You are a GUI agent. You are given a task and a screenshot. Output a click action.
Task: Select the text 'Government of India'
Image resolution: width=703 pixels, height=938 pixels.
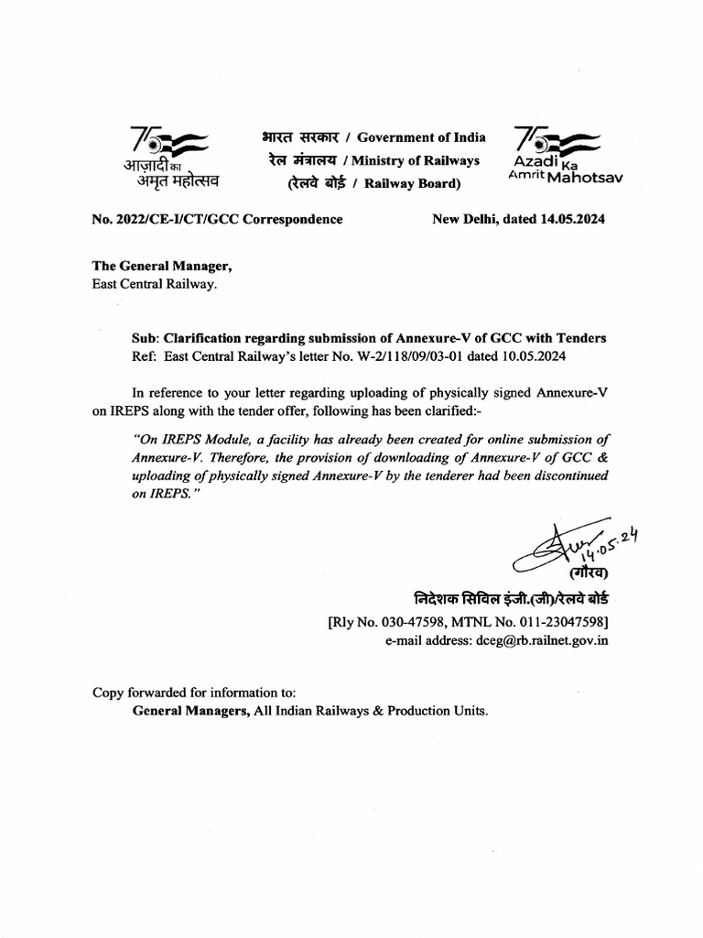[x=421, y=137]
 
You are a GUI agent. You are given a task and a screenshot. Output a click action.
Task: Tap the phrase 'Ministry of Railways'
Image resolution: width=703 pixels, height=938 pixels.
[x=425, y=160]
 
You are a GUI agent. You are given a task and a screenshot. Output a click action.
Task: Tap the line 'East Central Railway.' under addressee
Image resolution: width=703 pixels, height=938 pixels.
[x=155, y=284]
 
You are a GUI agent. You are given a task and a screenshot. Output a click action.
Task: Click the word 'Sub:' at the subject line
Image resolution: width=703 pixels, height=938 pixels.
[x=147, y=338]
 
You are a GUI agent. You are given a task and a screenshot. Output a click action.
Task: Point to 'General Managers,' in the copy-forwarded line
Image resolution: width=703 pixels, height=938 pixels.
[x=188, y=710]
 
